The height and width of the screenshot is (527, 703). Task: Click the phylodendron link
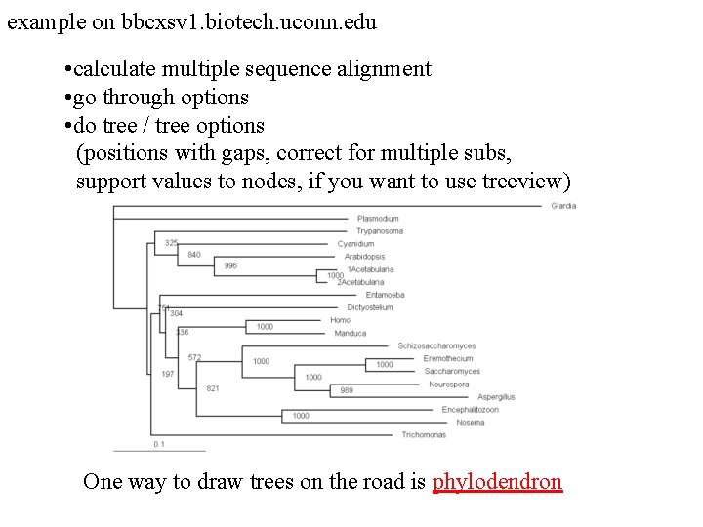(x=497, y=482)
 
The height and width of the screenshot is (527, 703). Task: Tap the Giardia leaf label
(x=563, y=206)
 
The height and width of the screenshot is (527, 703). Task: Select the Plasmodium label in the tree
(x=378, y=219)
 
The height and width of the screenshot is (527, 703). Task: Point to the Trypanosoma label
(x=379, y=231)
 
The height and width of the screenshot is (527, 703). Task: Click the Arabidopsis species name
(x=364, y=257)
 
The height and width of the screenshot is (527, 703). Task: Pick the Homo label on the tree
(x=340, y=320)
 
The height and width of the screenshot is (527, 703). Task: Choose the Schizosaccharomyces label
(x=436, y=345)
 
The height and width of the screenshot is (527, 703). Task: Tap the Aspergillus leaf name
(x=496, y=397)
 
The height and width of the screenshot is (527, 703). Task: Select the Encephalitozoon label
(x=470, y=410)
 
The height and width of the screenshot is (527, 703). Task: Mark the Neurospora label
(x=447, y=385)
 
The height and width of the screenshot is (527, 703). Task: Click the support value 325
(x=171, y=243)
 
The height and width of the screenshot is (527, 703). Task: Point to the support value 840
(x=193, y=255)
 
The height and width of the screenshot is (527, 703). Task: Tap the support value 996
(x=230, y=266)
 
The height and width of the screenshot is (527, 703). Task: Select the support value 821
(x=213, y=388)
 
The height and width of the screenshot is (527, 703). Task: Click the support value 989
(x=347, y=390)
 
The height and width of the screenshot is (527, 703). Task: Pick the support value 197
(x=168, y=375)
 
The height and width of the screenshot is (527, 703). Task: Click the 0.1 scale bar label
(x=159, y=444)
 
